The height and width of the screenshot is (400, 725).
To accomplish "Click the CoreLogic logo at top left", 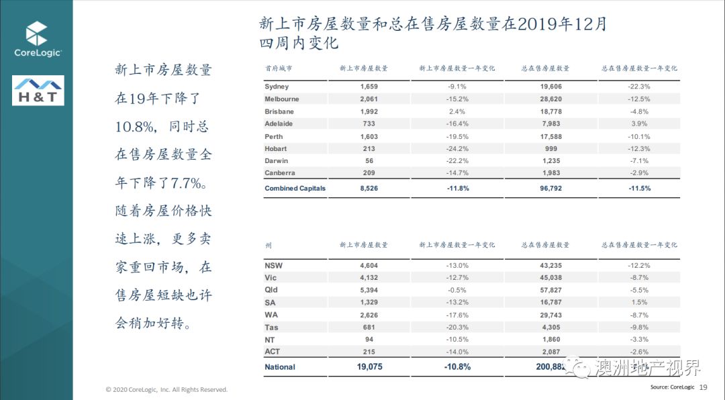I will (x=38, y=40).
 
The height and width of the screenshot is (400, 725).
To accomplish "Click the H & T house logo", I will (x=38, y=91).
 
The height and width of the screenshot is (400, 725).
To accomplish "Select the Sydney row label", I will (x=277, y=87).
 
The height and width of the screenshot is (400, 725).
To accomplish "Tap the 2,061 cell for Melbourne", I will (x=370, y=99).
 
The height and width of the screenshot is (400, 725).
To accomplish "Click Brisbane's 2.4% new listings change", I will (x=456, y=111).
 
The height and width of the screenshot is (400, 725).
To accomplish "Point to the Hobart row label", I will (x=275, y=148).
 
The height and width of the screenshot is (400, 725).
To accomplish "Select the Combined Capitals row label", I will (x=295, y=189).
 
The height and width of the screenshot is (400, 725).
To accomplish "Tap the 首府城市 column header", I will (x=279, y=68).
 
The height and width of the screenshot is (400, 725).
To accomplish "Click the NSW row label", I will (x=273, y=266).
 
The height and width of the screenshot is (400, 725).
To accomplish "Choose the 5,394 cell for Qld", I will (x=370, y=290).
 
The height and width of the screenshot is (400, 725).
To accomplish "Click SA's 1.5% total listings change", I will (x=639, y=302).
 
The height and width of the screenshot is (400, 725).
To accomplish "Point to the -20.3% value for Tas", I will (x=456, y=327).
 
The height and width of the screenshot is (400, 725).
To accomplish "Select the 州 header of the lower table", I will (x=269, y=245).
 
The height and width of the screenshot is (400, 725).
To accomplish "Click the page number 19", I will (x=704, y=387).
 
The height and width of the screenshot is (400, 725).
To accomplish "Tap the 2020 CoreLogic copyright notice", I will (x=166, y=389).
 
